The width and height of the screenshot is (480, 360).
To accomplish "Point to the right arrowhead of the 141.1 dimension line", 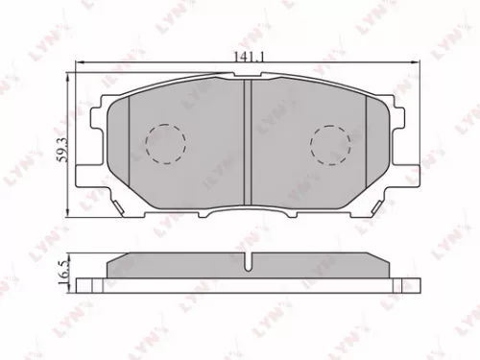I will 415,64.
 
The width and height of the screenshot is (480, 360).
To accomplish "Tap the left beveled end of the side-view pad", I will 111,264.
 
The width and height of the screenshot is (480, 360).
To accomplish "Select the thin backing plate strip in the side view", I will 247,285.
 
